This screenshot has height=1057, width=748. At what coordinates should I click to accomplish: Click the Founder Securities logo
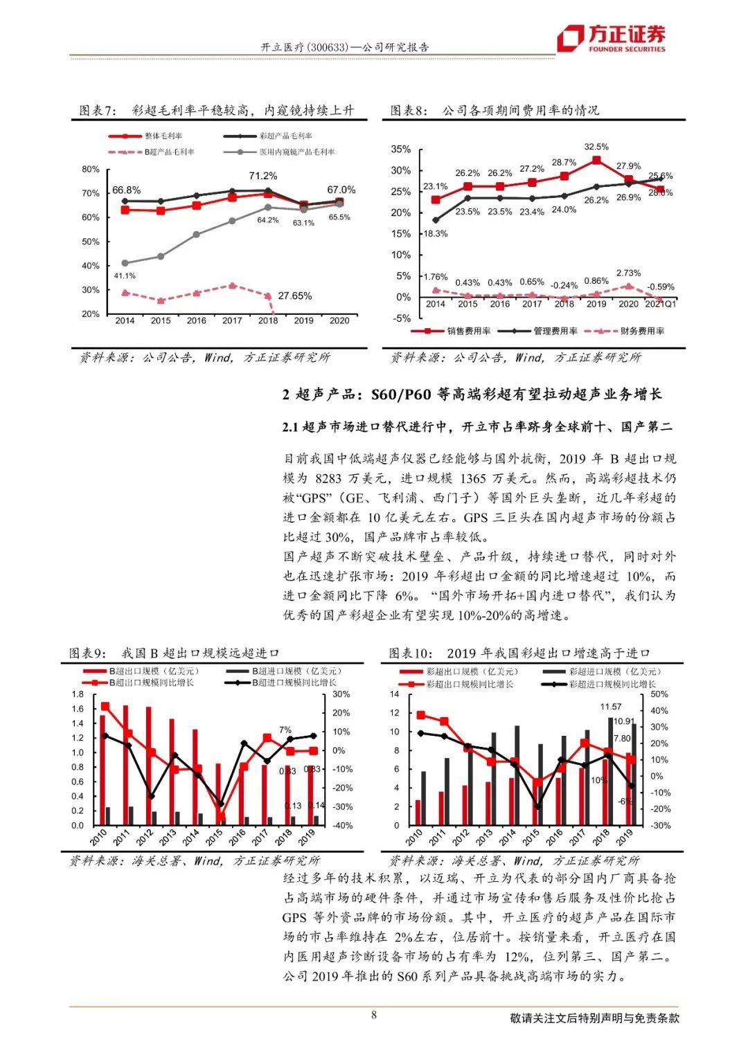tap(612, 39)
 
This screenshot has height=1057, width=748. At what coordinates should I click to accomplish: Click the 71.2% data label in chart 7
tap(263, 176)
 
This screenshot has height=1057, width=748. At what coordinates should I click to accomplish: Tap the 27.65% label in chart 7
tap(294, 296)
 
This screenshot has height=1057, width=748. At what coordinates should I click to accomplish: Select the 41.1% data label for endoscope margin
tap(125, 275)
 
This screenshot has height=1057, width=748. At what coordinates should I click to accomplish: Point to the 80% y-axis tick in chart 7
tap(91, 169)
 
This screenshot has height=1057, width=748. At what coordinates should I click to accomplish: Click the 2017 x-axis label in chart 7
tap(232, 320)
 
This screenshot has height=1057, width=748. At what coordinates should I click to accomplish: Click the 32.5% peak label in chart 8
tap(596, 147)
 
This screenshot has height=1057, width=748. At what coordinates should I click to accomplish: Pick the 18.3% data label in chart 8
tap(436, 233)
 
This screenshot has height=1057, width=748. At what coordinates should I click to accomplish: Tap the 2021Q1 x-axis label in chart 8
tap(660, 304)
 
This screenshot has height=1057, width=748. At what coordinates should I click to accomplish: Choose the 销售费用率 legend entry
tap(468, 332)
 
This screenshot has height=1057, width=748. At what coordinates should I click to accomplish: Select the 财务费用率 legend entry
tap(641, 332)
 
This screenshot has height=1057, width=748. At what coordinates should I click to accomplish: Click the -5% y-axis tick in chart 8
tap(401, 318)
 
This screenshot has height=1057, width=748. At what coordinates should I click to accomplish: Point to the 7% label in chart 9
tap(285, 730)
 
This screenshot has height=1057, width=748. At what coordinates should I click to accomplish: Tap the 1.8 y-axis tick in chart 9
tap(78, 694)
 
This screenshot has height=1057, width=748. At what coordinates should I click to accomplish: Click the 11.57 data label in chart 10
tap(611, 707)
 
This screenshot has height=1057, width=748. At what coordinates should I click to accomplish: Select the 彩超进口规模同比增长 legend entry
tap(612, 684)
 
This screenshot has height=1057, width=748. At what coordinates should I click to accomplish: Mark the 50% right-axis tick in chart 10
tap(659, 694)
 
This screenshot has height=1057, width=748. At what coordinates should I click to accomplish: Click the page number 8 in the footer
tap(374, 1015)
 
